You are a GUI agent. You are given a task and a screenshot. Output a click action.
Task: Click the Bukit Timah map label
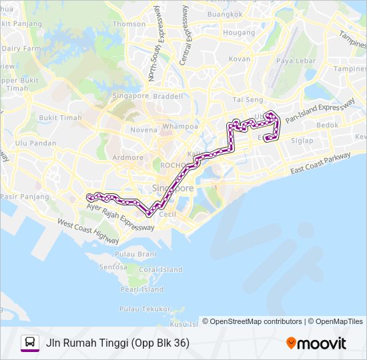60,118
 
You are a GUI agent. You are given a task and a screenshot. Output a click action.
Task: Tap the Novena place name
143,130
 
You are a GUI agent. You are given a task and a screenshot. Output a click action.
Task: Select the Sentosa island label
113,267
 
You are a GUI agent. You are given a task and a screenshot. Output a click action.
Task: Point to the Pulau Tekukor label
145,309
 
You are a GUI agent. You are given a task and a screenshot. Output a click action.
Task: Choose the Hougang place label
239,32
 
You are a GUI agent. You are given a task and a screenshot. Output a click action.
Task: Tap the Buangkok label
225,14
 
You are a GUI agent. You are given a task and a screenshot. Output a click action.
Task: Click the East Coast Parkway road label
320,164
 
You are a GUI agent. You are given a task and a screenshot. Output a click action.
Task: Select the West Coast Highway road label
88,232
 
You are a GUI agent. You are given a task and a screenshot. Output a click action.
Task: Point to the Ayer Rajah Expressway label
120,217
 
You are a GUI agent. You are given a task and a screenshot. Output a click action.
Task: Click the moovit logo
316,343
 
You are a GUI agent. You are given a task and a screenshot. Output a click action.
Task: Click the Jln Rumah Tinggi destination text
117,343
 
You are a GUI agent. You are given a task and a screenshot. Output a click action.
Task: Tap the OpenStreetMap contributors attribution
252,321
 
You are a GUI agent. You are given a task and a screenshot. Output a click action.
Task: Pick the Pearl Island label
141,289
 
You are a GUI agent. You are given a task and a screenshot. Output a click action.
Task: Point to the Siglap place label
302,141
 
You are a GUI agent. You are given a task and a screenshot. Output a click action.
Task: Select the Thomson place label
129,24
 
